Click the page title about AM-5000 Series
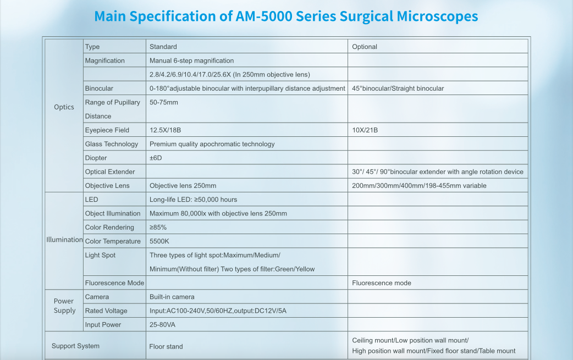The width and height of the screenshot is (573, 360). coord(286,16)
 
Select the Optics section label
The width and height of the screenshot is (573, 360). coord(64,107)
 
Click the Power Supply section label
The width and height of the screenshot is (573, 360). coord(64,306)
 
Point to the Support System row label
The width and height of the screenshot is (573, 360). coord(75,346)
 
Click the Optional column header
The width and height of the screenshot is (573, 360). coord(365,47)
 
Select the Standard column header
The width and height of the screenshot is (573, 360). coord(163,47)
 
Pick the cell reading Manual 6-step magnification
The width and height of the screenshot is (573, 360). coord(191,60)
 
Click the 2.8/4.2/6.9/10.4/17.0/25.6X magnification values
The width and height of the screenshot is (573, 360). coord(229,75)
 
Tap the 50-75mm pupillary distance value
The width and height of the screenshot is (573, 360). coord(164,102)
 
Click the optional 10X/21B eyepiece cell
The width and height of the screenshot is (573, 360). coord(365,130)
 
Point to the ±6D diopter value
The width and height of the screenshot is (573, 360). coord(156,158)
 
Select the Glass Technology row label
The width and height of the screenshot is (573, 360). coord(112,144)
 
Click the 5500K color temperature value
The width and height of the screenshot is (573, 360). coord(160,241)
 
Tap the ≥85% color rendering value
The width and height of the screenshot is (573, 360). coord(158,228)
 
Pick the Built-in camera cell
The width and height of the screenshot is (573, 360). coord(172,297)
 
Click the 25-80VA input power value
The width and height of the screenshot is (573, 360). coord(163,325)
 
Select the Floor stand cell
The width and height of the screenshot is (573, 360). coord(166,347)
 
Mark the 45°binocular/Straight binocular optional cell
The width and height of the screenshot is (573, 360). coord(398,88)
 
